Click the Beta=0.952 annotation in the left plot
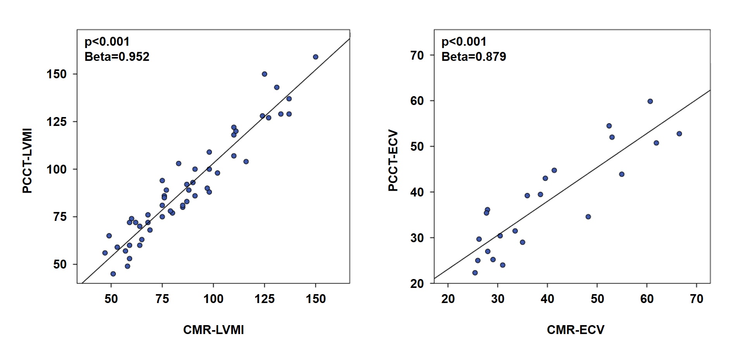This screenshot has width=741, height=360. tap(117, 57)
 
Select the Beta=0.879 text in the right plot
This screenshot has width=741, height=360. tap(473, 57)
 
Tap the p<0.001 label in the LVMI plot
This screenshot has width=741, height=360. tap(107, 41)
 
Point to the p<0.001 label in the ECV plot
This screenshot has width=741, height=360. tap(464, 41)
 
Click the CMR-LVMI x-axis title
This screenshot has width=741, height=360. tap(213, 330)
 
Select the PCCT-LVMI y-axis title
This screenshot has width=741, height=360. tap(27, 161)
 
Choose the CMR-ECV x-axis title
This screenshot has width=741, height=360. tap(575, 330)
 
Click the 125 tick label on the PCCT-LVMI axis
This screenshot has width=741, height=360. tap(56, 122)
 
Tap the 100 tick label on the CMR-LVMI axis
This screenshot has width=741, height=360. tap(213, 299)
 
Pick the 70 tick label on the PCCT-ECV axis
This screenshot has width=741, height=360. tap(417, 55)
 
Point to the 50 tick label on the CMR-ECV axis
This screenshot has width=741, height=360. tap(597, 299)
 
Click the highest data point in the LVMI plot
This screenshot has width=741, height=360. tap(315, 57)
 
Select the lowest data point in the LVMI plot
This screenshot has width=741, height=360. tap(113, 274)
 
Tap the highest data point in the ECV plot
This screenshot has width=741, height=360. tap(650, 102)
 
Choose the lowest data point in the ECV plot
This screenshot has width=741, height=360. tap(475, 273)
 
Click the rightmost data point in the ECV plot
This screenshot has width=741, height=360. tap(679, 134)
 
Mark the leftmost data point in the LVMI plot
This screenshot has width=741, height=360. tap(105, 253)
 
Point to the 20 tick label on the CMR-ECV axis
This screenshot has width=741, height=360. tap(448, 299)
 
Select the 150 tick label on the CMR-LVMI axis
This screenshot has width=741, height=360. tap(316, 299)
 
